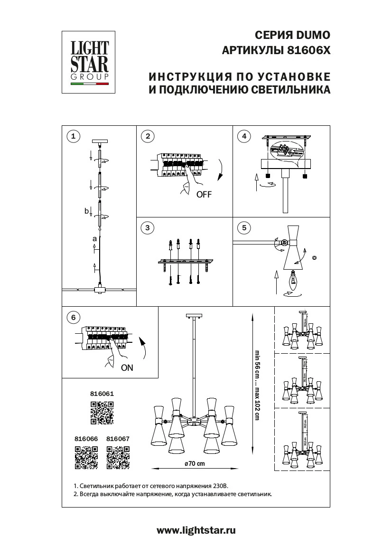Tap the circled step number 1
click(x=73, y=137)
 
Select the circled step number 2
click(x=148, y=137)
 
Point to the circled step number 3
click(x=148, y=228)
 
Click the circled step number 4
click(x=244, y=137)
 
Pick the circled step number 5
click(x=244, y=228)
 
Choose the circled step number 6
click(x=73, y=317)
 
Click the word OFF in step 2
click(x=204, y=195)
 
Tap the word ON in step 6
click(x=127, y=367)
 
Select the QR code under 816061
click(x=102, y=412)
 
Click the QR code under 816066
click(x=86, y=458)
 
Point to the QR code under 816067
click(x=118, y=458)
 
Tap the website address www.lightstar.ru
click(x=196, y=531)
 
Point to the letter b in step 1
click(x=86, y=210)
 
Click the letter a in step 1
click(x=94, y=239)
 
